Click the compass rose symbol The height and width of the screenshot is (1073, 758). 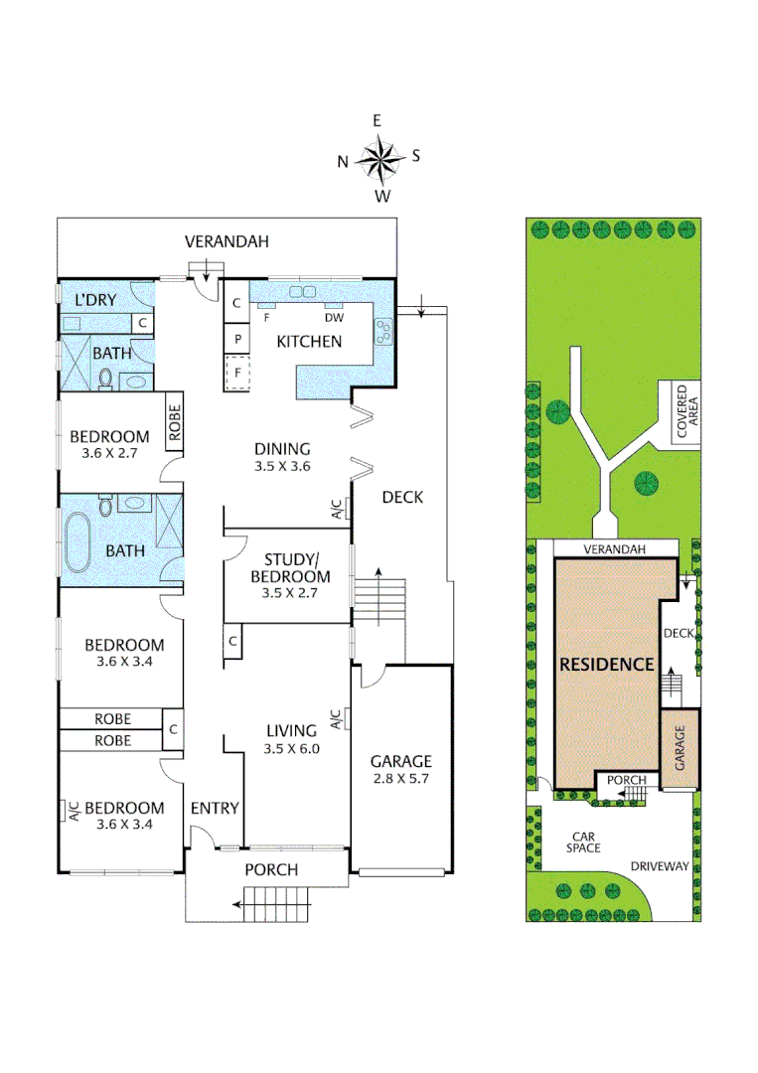point(379,157)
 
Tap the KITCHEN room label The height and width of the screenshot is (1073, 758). point(309,341)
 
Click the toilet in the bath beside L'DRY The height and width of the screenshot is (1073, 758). point(105,378)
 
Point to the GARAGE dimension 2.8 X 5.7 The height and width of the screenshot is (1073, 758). point(400,779)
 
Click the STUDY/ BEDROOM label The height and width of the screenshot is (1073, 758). point(290,568)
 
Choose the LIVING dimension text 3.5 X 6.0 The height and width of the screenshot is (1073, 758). point(291,749)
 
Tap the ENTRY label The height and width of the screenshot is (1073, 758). point(215,808)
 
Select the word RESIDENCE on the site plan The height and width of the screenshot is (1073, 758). point(606,665)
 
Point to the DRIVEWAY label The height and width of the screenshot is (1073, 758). point(660,865)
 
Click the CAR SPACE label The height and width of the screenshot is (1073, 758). point(582,843)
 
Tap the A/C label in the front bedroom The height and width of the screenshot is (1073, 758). point(73,811)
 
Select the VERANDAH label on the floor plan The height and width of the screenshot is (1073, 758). point(227,241)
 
